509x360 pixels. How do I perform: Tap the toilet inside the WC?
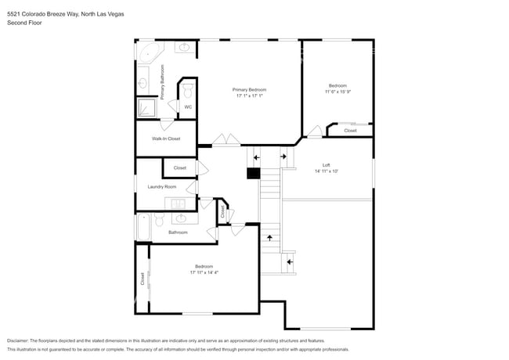[188, 93]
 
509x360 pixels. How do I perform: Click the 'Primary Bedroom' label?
[250, 90]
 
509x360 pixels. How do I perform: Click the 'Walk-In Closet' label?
[166, 139]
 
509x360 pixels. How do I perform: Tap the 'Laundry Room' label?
[162, 187]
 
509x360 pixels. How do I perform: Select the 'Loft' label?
[327, 164]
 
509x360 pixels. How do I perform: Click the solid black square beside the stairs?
[253, 174]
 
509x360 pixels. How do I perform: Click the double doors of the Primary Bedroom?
[228, 141]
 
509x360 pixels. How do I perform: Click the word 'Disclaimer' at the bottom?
[21, 341]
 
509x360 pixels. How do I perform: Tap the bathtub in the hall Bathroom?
[143, 226]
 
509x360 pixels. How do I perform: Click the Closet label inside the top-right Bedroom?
[350, 131]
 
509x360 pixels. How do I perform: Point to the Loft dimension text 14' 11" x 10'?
[327, 171]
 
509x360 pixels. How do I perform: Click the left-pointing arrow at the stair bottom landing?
[290, 261]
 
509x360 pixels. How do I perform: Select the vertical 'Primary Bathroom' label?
[163, 81]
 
